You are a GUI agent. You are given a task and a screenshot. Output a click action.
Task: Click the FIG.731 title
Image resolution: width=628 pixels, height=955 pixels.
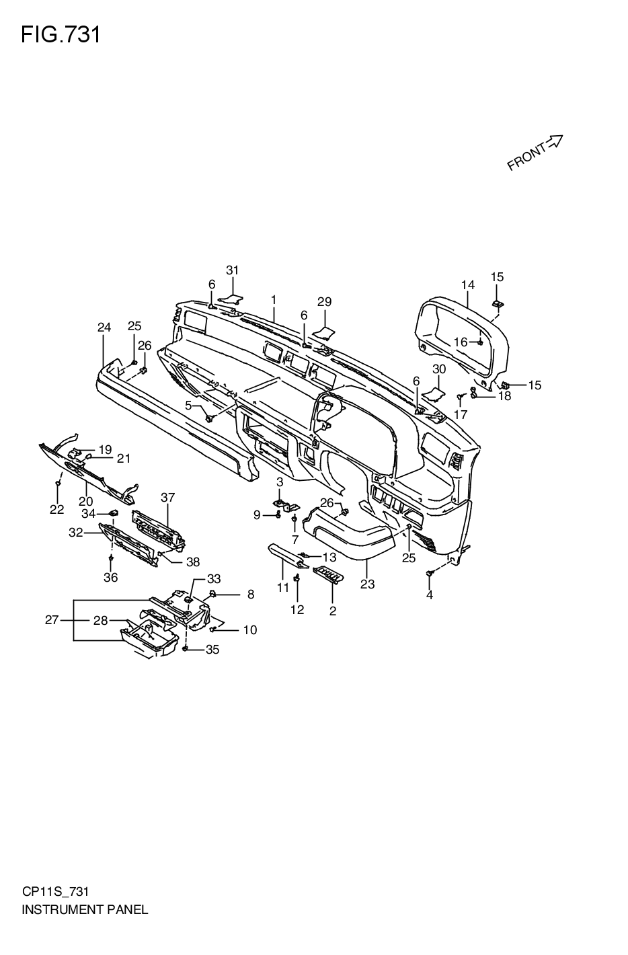[x=61, y=34]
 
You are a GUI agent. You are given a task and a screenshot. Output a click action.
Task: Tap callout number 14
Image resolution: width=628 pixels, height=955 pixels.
[x=468, y=284]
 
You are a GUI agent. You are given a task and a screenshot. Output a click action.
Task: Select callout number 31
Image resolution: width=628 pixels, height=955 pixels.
[x=232, y=270]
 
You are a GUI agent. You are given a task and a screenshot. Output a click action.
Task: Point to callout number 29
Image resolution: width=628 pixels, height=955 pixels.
[x=325, y=302]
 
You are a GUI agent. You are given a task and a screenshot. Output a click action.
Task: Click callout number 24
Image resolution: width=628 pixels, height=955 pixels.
[x=104, y=328]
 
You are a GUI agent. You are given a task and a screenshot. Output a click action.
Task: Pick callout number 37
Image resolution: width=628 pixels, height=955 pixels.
[x=168, y=498]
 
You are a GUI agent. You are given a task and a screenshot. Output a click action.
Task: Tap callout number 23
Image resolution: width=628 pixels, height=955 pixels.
[x=367, y=584]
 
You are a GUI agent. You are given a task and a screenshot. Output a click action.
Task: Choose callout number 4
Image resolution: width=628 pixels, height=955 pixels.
[x=430, y=595]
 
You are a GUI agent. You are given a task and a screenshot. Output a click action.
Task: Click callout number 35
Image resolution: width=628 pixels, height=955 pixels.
[x=212, y=649]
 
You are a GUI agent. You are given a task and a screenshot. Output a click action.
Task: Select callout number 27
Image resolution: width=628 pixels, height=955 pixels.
[x=52, y=620]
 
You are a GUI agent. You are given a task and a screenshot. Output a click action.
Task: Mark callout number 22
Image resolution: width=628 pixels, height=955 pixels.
[x=56, y=510]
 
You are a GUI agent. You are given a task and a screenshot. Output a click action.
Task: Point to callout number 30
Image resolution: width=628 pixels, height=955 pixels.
[x=438, y=369]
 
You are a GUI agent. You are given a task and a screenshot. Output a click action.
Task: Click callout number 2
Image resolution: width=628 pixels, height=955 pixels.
[x=333, y=611]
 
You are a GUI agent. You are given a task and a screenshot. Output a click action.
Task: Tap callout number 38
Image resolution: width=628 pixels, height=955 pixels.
[x=193, y=562]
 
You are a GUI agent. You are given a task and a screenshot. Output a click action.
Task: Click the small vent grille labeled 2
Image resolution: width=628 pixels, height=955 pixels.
[x=328, y=575]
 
